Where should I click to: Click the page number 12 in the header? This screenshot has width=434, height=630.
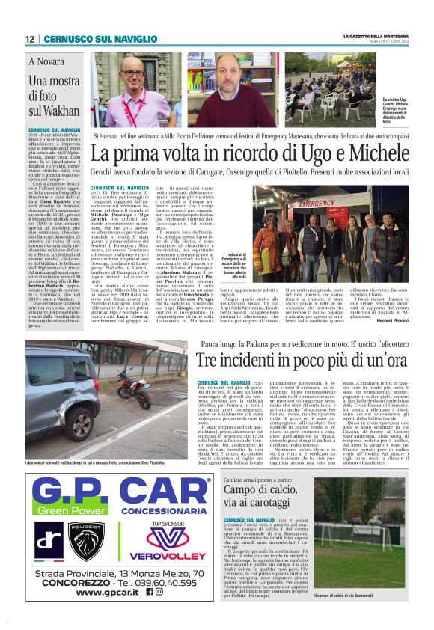(30, 39)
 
